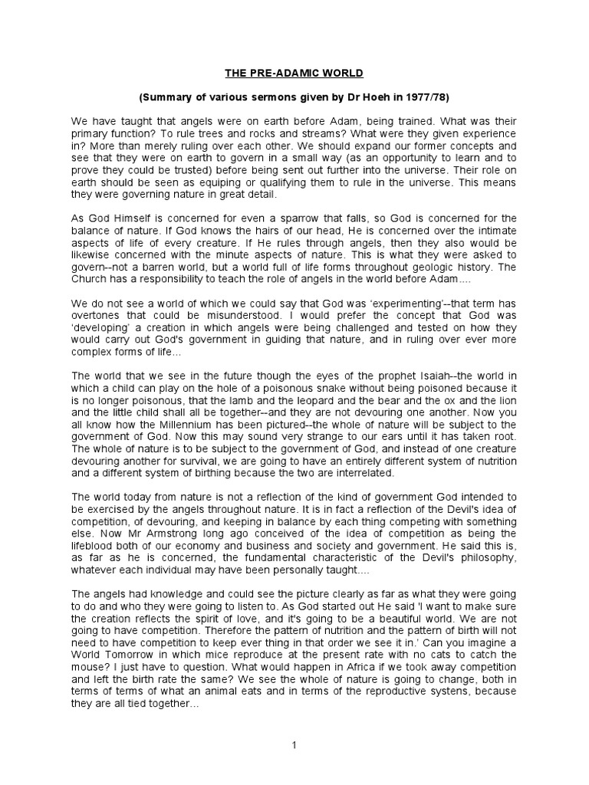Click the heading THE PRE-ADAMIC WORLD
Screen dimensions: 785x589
294,74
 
